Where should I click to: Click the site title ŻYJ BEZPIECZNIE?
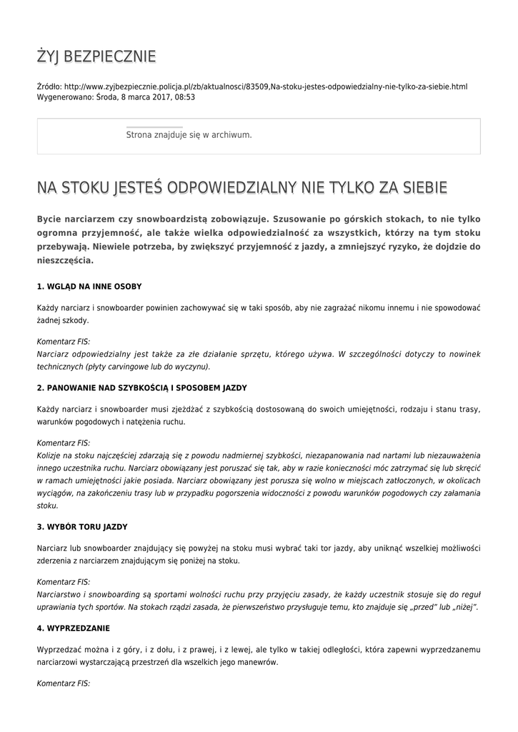coord(96,57)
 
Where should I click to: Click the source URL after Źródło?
coord(266,86)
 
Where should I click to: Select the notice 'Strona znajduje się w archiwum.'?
coord(189,134)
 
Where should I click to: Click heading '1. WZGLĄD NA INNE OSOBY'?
coord(89,287)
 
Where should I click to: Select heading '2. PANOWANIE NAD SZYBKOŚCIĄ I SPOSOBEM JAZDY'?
coord(141,387)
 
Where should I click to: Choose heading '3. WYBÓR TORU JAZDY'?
coord(82,527)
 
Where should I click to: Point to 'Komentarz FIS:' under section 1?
coord(63,342)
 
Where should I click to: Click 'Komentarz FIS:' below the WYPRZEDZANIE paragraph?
coord(63,683)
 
